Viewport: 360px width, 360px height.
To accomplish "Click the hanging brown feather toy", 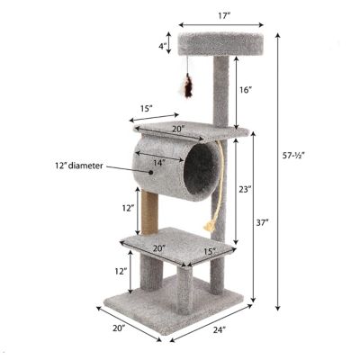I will click(x=189, y=85).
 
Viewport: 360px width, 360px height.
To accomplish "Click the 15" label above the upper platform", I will click(x=148, y=110).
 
